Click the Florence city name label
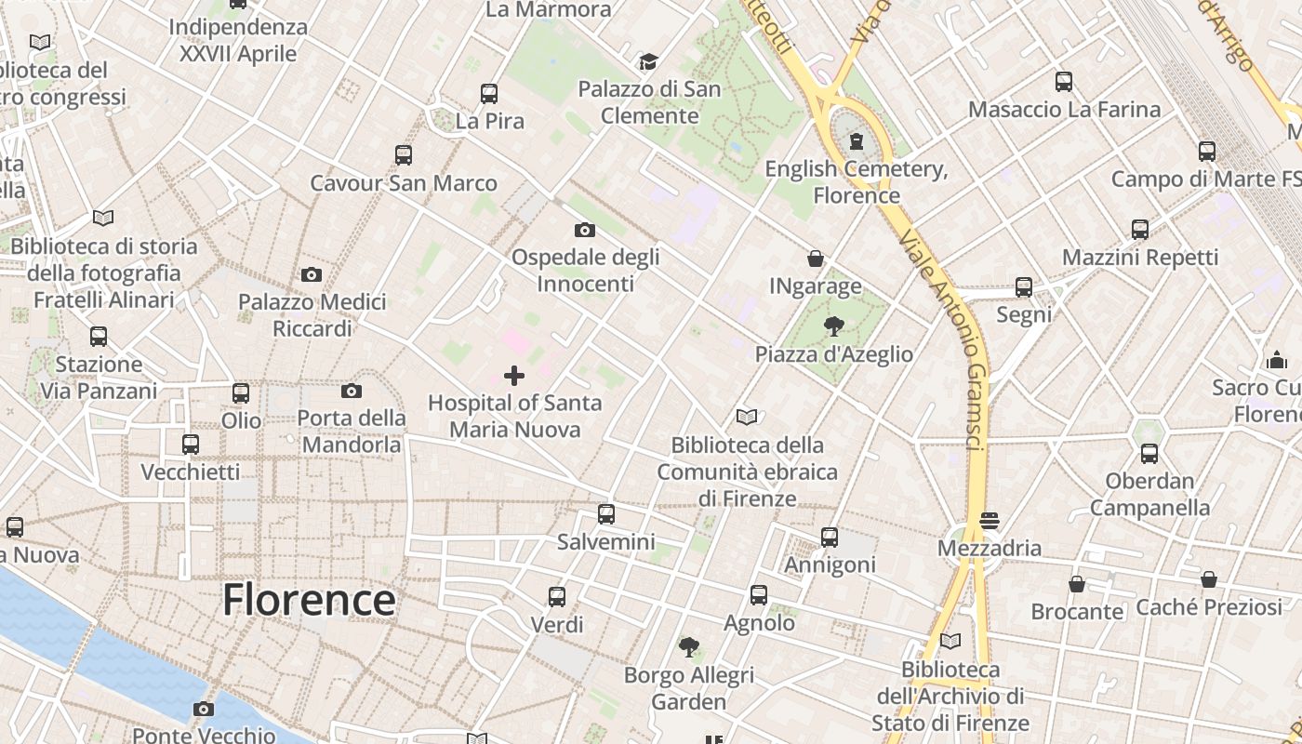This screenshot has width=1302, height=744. pyautogui.click(x=308, y=600)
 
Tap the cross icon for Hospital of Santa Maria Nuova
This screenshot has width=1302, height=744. pyautogui.click(x=513, y=376)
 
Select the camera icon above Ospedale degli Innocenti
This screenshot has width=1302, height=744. pyautogui.click(x=585, y=230)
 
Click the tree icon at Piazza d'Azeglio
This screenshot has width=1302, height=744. pyautogui.click(x=833, y=326)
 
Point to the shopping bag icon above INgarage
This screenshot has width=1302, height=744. pyautogui.click(x=816, y=259)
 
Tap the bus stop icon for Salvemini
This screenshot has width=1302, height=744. pyautogui.click(x=606, y=513)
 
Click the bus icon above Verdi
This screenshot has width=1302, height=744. pyautogui.click(x=557, y=597)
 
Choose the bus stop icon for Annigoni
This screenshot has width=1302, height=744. pyautogui.click(x=830, y=538)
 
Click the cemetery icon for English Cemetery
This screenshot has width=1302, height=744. pyautogui.click(x=856, y=141)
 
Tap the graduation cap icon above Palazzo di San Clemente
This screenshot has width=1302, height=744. pyautogui.click(x=648, y=62)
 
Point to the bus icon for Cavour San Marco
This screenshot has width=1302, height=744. pyautogui.click(x=404, y=155)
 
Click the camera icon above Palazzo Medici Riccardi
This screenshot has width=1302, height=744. pyautogui.click(x=312, y=274)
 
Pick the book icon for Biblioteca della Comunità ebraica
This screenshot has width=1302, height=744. pyautogui.click(x=747, y=417)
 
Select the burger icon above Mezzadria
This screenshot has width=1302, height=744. pyautogui.click(x=989, y=520)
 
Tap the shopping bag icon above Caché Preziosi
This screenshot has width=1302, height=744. pyautogui.click(x=1208, y=580)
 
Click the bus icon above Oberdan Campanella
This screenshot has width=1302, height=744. pyautogui.click(x=1149, y=454)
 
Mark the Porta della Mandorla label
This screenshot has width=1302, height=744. pyautogui.click(x=352, y=431)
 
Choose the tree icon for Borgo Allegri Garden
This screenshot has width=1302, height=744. pyautogui.click(x=689, y=646)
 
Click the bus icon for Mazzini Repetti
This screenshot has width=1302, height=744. pyautogui.click(x=1140, y=230)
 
